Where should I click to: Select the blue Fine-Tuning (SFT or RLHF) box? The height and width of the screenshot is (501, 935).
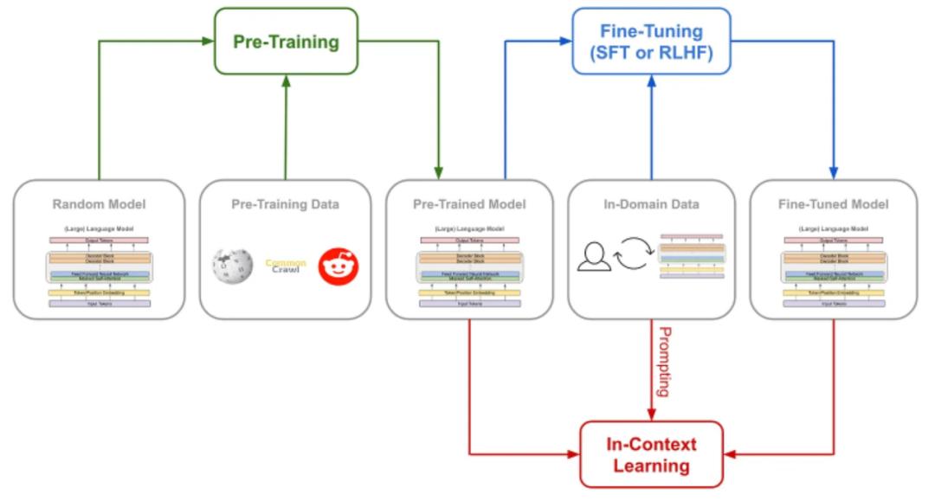pos(650,41)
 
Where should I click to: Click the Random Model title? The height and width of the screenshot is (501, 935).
pos(100,205)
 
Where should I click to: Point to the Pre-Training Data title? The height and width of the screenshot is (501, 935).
pos(285,205)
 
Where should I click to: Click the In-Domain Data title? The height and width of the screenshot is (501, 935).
pos(652,205)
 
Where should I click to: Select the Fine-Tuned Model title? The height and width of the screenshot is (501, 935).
pos(835,205)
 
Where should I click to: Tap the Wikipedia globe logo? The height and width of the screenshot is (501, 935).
pos(232,264)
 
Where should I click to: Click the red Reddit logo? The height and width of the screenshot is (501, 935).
pos(339,264)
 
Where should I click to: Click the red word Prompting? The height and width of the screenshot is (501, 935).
pos(665,362)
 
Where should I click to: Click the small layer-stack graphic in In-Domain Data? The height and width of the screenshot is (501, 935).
pos(691,255)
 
